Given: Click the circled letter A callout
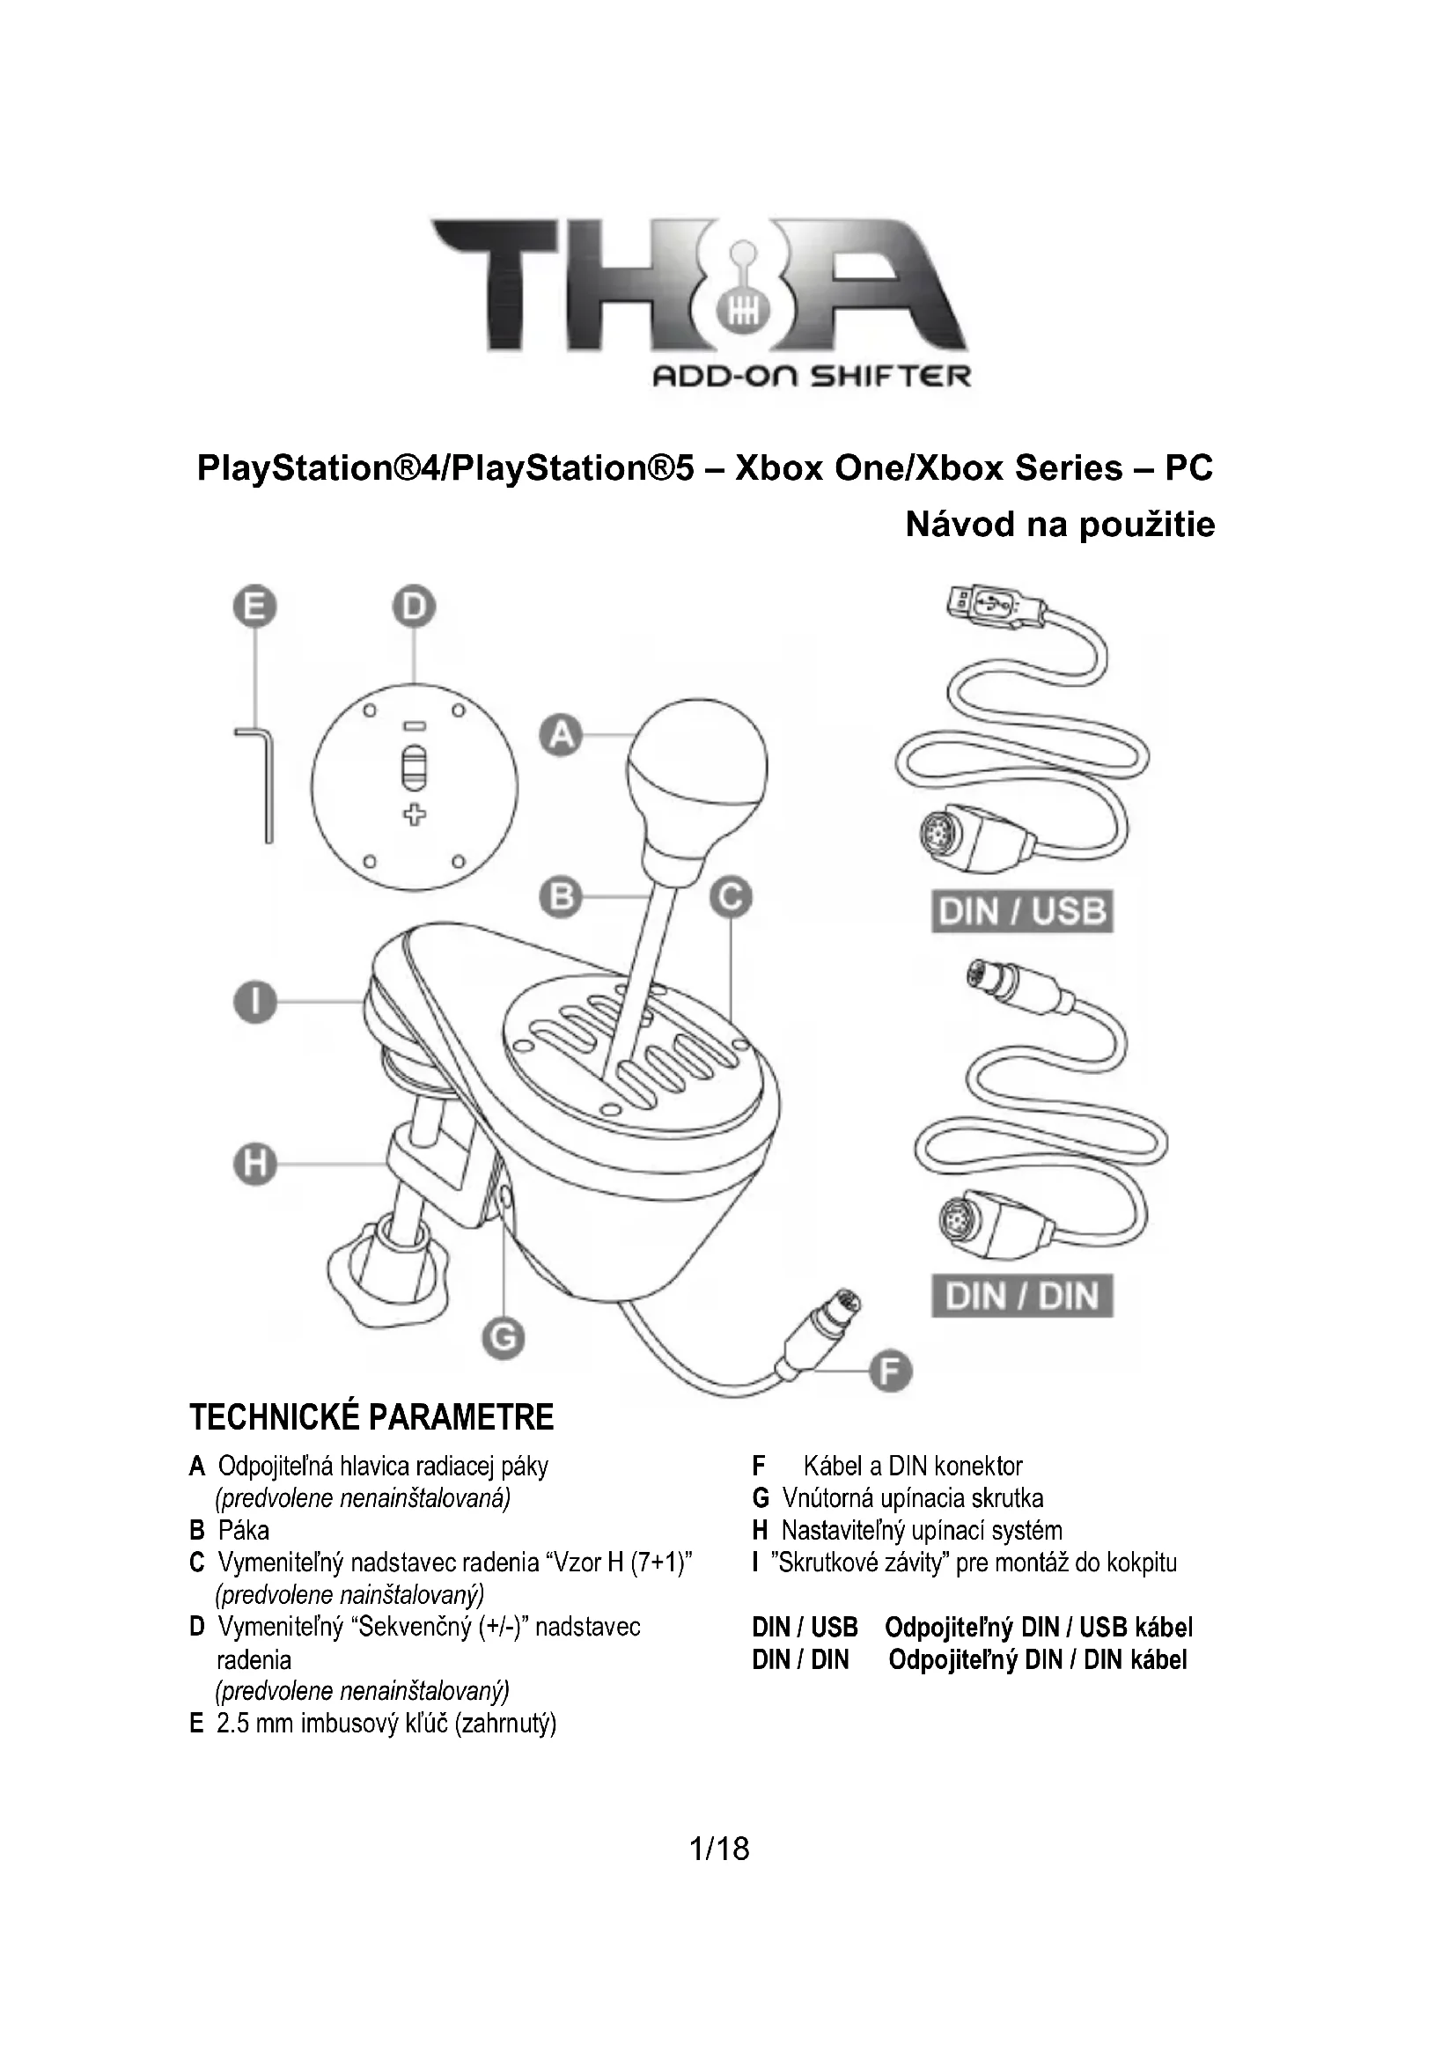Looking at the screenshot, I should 562,736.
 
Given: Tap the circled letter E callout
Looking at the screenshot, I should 255,608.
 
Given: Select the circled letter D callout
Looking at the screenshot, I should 414,608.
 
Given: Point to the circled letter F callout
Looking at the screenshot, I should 889,1372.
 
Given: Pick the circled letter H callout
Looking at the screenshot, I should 255,1165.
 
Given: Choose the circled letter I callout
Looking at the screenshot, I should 255,1002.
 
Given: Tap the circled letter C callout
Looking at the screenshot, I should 731,897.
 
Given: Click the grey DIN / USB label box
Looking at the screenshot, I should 1022,911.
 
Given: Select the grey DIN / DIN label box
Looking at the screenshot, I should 1022,1296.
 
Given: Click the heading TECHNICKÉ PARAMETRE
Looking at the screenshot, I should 371,1418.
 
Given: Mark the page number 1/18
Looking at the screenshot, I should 719,1849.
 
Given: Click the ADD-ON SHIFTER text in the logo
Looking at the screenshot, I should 811,376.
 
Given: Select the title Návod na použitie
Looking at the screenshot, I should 1060,525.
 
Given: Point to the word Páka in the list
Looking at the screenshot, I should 243,1530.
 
